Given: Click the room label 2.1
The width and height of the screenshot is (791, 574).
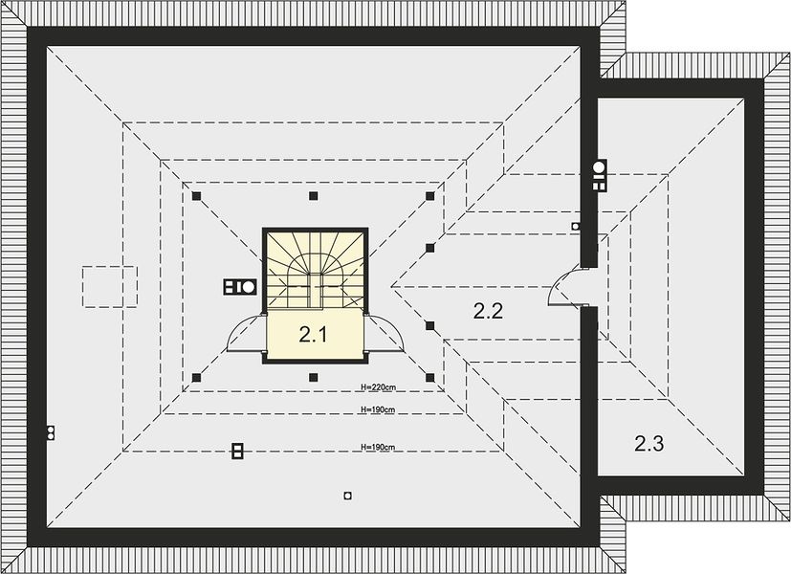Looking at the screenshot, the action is tap(313, 334).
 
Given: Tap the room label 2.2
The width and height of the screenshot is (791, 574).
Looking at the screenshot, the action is tap(488, 311).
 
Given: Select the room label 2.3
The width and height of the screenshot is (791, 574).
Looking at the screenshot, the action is tap(648, 443).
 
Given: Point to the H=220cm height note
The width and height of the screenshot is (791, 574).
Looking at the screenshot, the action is tap(379, 387).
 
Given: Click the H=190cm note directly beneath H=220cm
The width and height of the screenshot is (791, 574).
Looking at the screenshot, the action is tap(379, 409).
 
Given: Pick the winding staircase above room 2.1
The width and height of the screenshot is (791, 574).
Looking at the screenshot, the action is tap(315, 270).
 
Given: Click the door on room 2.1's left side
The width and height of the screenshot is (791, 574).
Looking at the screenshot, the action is tap(246, 333).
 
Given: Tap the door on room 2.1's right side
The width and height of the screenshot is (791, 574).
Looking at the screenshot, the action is tap(384, 333).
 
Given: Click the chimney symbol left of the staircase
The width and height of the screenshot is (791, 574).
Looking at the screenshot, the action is tap(240, 286).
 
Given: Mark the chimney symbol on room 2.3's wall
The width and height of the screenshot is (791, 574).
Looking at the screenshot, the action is tap(600, 175).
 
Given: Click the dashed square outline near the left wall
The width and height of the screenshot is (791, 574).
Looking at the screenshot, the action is tap(110, 286).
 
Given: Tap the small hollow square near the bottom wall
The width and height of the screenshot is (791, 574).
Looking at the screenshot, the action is tap(347, 496).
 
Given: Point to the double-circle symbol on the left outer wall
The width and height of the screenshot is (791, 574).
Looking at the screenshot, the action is tap(50, 432).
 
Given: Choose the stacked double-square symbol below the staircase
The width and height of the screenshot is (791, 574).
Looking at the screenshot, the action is tap(237, 451).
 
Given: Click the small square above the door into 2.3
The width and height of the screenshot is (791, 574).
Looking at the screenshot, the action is tap(575, 227).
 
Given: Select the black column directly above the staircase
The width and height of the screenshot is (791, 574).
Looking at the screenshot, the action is tap(314, 196).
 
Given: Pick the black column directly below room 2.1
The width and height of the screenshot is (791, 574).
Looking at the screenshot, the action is tap(314, 377).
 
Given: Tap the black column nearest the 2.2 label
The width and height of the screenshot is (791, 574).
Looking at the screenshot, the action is tap(429, 326).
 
